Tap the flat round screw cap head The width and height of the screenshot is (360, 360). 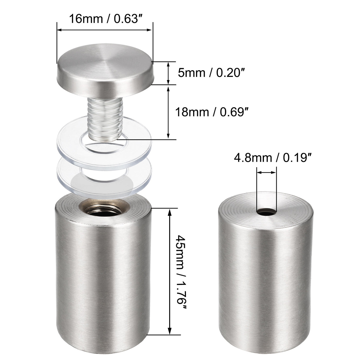pos(105,69)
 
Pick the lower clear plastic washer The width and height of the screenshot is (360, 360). pos(67,177)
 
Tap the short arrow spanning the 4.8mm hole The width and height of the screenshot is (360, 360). pos(267,173)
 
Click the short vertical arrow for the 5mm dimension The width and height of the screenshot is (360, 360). pos(168,73)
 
